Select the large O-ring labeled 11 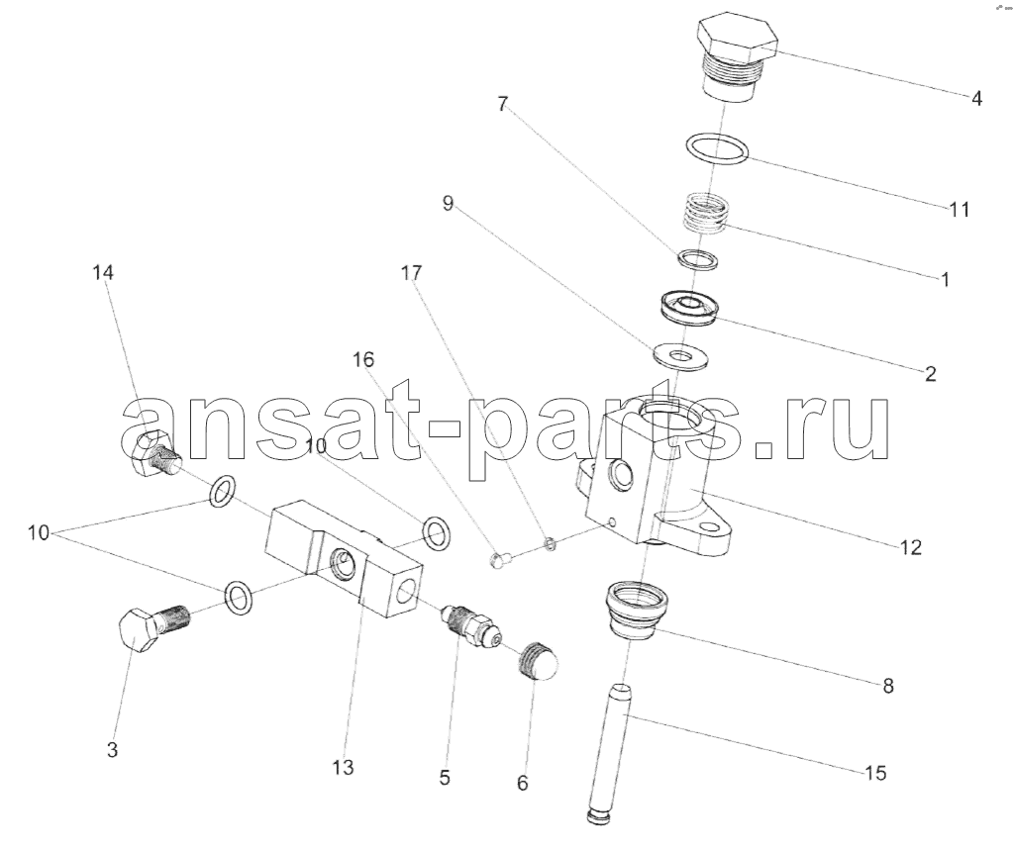(717, 148)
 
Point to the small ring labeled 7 (698, 259)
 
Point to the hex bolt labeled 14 (155, 454)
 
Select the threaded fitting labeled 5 (469, 624)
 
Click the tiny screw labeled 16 (501, 559)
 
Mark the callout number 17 (411, 272)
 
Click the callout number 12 (910, 547)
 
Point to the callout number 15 (874, 772)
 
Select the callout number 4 (976, 99)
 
